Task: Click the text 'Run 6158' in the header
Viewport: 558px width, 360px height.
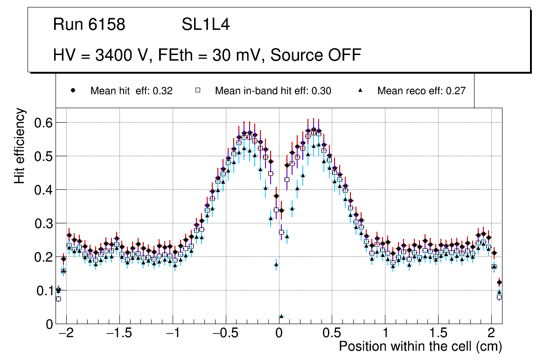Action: point(89,25)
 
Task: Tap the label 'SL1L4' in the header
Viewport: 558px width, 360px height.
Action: point(205,25)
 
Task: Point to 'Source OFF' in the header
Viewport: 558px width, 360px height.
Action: point(316,55)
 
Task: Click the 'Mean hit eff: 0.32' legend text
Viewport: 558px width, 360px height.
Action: point(132,91)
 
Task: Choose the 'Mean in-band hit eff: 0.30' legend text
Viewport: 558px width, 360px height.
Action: point(273,91)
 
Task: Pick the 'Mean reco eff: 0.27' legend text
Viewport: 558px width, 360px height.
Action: point(421,91)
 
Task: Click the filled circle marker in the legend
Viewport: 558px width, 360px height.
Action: point(73,90)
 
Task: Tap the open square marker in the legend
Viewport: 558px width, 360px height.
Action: point(198,90)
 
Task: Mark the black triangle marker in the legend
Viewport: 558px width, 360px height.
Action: point(360,90)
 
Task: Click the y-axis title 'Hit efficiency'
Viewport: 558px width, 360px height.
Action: point(20,145)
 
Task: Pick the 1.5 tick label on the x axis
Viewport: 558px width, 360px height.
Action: point(438,334)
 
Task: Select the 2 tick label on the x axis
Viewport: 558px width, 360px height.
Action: point(491,334)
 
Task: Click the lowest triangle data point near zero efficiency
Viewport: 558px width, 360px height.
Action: point(281,316)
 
